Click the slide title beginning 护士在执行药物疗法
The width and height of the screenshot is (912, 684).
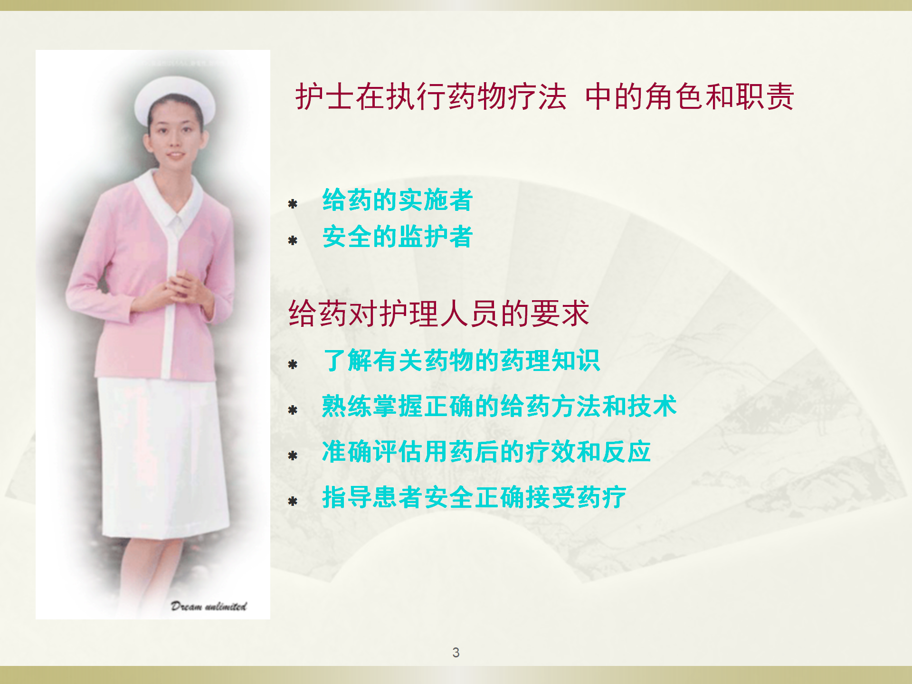[544, 96]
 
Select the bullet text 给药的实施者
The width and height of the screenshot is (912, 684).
[398, 199]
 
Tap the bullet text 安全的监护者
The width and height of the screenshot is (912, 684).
[398, 237]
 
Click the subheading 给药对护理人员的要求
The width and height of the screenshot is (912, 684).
[439, 313]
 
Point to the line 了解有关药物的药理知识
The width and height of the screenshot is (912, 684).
[461, 360]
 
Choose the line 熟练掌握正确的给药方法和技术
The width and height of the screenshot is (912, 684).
[499, 406]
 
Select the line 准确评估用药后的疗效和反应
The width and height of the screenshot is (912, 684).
[486, 451]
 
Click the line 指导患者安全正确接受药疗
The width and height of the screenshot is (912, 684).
[474, 497]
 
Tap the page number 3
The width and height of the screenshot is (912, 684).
[456, 653]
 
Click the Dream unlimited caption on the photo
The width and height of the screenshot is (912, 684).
[209, 606]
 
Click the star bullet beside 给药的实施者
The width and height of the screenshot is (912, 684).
[293, 204]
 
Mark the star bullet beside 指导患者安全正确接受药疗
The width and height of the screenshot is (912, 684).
[293, 502]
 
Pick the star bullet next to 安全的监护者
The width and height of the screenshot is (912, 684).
[293, 241]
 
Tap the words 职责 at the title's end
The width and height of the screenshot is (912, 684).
[764, 96]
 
